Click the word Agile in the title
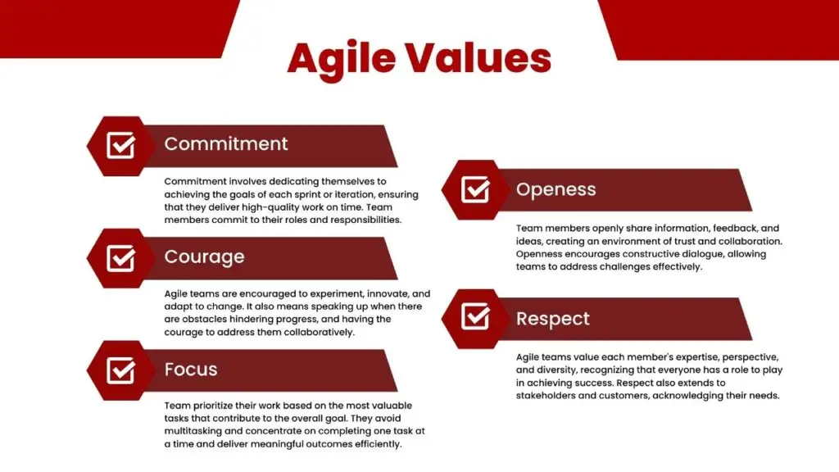tap(342, 59)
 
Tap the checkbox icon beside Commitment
tap(121, 146)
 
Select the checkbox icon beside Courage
tap(121, 258)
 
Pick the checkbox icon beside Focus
tap(121, 370)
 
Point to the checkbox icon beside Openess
tap(476, 189)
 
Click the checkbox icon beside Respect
tap(476, 316)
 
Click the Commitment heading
tap(226, 144)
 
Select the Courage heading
tap(204, 257)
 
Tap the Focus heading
tap(191, 370)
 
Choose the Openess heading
tap(556, 190)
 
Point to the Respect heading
tap(553, 319)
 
